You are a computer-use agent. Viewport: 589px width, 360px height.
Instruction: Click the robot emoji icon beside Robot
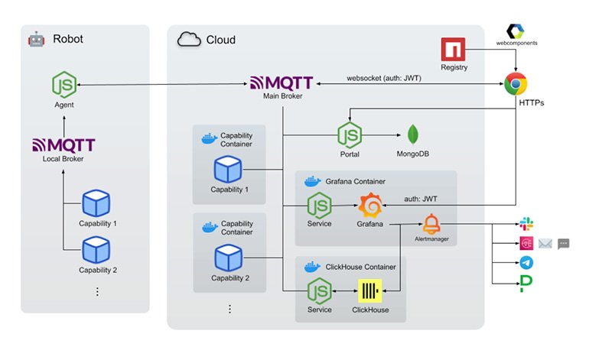(35, 39)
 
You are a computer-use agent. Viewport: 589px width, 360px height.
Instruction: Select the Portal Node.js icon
(350, 135)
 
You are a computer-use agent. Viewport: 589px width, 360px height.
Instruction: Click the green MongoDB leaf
(413, 135)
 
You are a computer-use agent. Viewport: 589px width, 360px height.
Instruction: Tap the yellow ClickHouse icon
(370, 293)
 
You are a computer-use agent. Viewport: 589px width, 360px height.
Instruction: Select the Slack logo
(526, 224)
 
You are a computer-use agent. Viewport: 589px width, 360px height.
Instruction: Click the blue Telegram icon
(526, 263)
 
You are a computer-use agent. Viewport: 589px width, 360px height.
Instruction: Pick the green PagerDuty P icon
(526, 284)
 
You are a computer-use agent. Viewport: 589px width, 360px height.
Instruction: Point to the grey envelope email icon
(545, 244)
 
